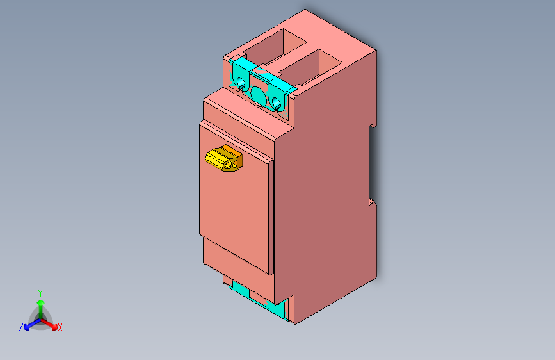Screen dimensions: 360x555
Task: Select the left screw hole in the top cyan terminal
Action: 241,83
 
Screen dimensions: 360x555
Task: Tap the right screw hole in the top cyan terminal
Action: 277,102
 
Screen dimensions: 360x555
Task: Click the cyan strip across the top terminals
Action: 262,74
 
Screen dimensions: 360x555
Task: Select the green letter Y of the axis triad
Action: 40,292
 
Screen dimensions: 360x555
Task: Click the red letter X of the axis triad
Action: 60,328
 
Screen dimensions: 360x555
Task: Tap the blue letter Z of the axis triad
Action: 21,327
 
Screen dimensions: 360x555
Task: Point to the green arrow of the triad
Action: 40,305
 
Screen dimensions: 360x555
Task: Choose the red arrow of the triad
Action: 51,323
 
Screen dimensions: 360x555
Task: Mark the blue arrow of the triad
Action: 29,324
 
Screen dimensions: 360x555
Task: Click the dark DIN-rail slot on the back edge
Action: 372,163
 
